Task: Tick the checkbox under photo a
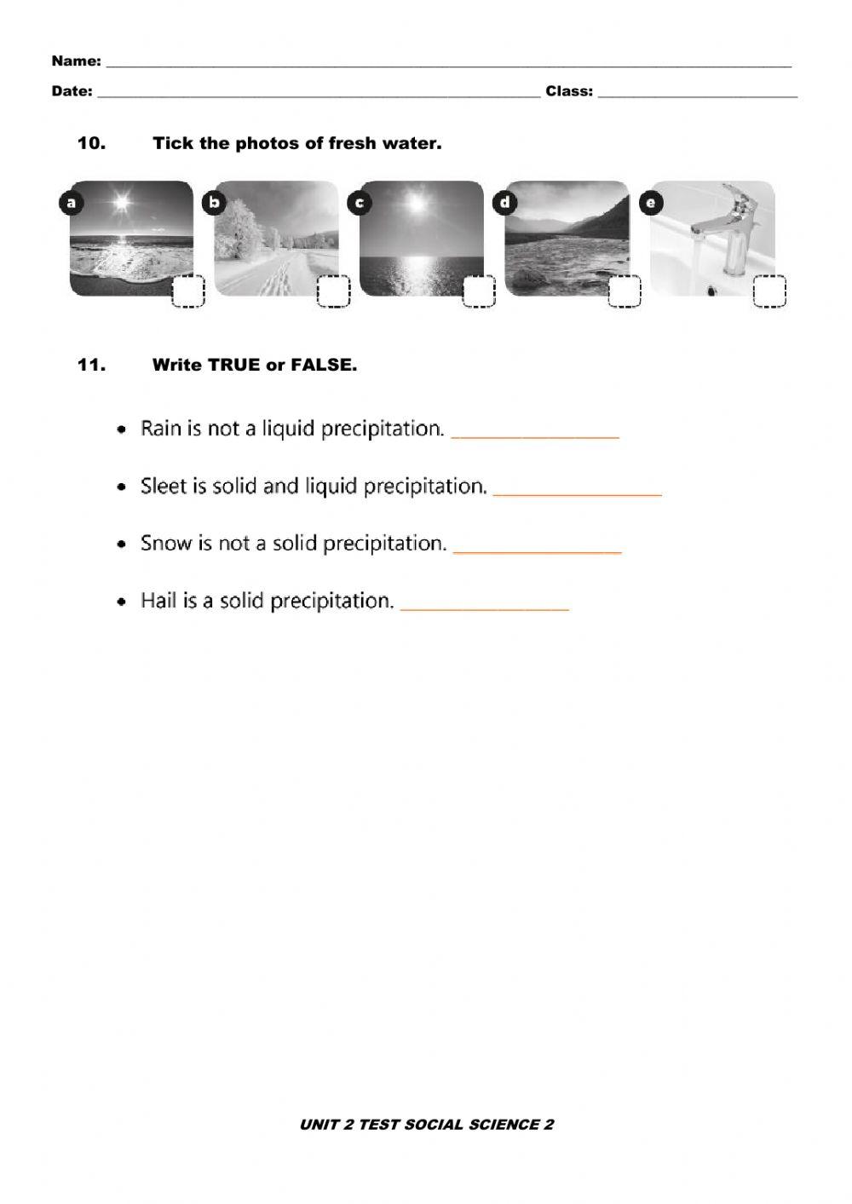[188, 292]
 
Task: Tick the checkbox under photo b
[334, 292]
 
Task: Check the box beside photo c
[479, 292]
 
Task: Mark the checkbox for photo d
[625, 292]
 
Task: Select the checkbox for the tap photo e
[770, 292]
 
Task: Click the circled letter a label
[71, 203]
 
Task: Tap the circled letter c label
[360, 203]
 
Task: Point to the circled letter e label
[652, 203]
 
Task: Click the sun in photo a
[123, 203]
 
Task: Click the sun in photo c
[416, 205]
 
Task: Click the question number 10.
[91, 143]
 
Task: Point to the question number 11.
[91, 365]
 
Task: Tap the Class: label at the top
[569, 91]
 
